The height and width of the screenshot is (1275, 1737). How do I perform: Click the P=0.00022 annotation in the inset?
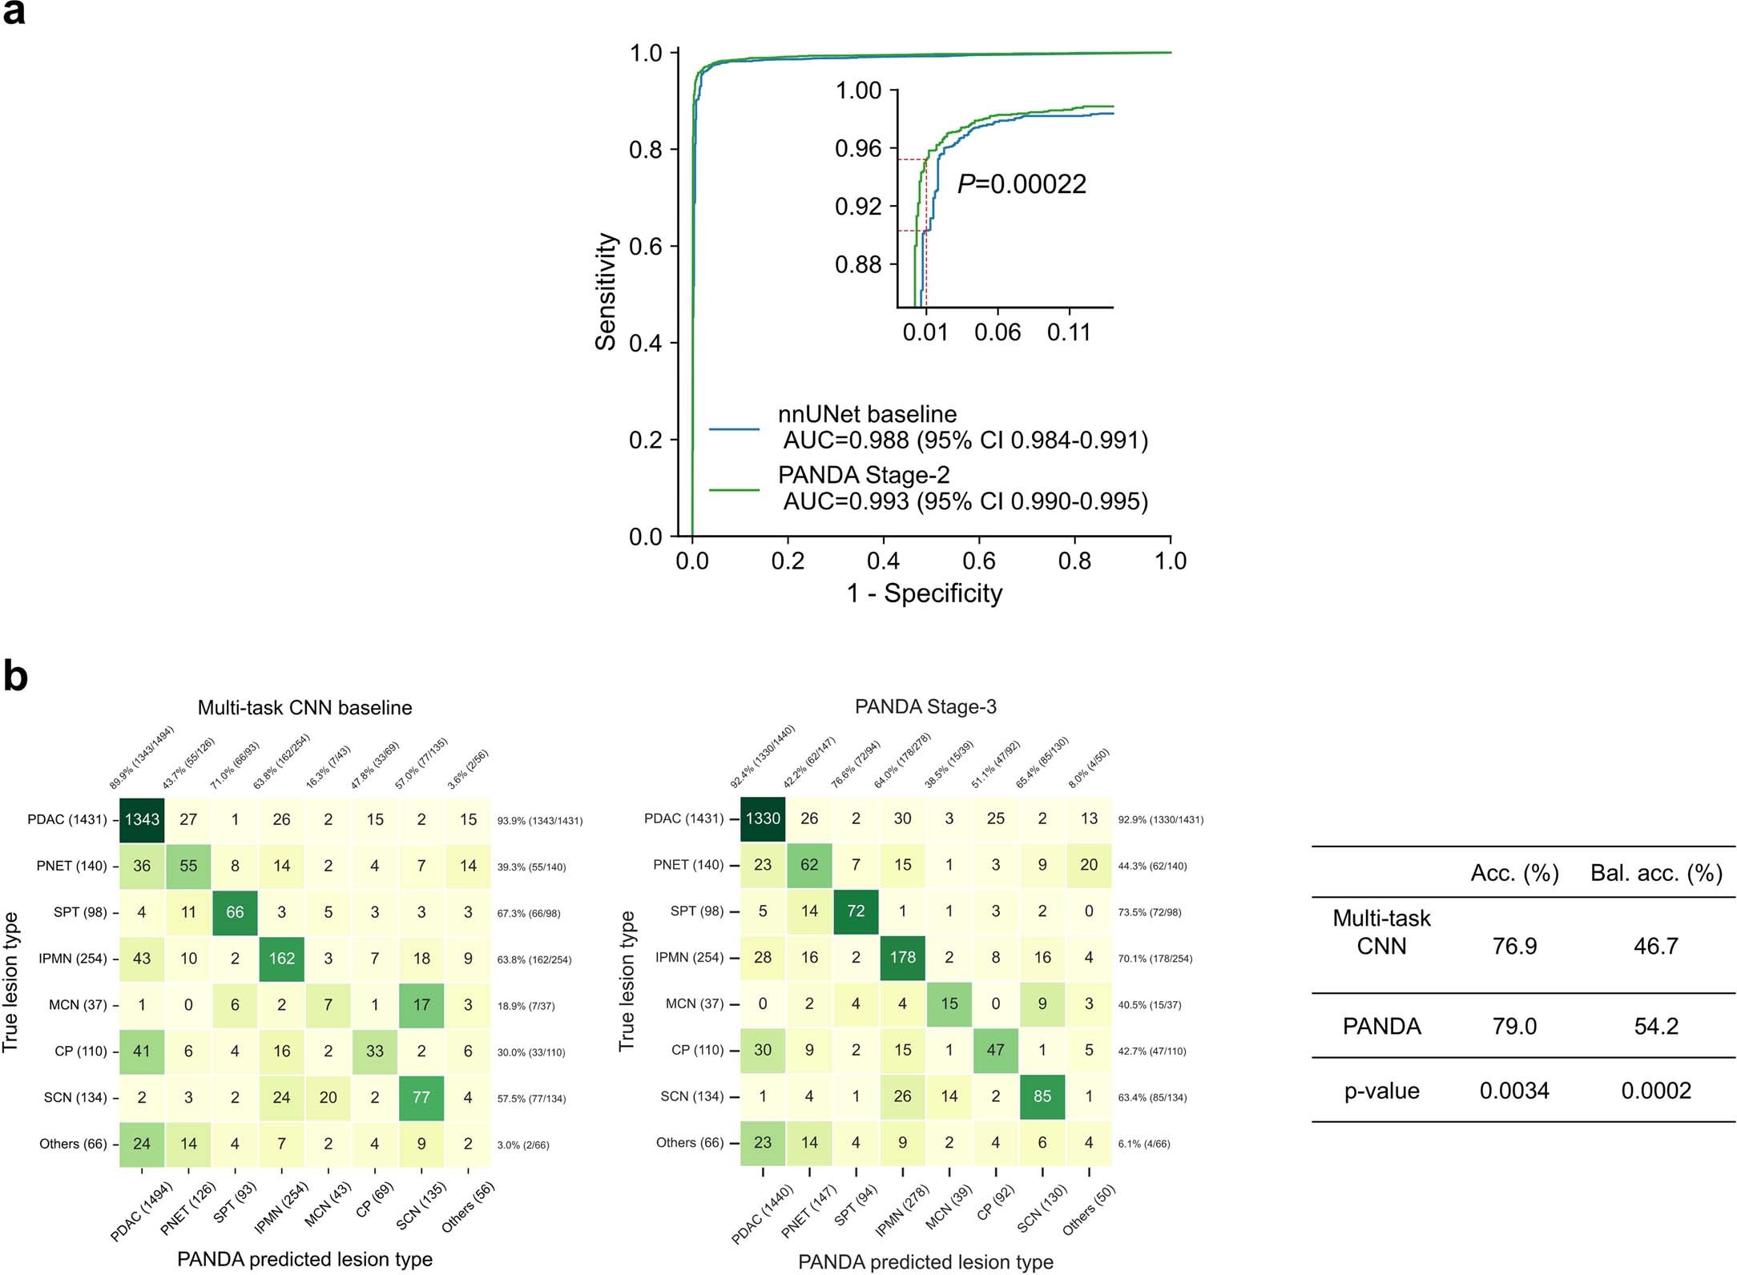pos(1022,184)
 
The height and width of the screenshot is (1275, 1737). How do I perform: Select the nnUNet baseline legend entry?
pos(867,415)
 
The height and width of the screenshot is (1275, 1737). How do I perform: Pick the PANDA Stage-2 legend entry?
pos(864,476)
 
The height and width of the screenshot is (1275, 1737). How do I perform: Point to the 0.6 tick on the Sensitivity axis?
pos(646,247)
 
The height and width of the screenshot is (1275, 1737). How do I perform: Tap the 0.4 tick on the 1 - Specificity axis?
pos(883,561)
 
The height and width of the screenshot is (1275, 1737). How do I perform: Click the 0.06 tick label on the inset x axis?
pos(997,332)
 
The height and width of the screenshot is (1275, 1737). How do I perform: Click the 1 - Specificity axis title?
pos(925,593)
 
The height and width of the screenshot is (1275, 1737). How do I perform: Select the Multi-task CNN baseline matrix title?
pos(304,708)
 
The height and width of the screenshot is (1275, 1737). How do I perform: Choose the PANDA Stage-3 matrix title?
pos(925,707)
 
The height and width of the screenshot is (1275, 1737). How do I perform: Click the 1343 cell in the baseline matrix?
pos(142,820)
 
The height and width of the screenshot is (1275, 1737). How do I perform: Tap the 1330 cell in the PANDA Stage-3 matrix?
pos(763,818)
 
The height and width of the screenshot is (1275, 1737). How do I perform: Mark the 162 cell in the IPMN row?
pos(281,959)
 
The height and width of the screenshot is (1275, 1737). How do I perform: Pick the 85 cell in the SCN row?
pos(1042,1096)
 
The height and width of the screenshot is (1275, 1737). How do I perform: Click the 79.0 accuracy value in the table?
pos(1514,1027)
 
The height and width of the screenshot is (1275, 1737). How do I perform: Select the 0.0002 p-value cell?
pos(1655,1091)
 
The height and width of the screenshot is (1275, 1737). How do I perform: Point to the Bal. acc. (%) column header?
pos(1655,873)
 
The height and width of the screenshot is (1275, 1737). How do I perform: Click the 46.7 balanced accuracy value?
pos(1655,947)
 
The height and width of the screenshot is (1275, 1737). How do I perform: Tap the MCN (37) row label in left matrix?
pos(77,1005)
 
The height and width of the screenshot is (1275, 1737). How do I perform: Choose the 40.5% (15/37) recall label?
pos(1151,1005)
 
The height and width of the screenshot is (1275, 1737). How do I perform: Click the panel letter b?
pos(16,677)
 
